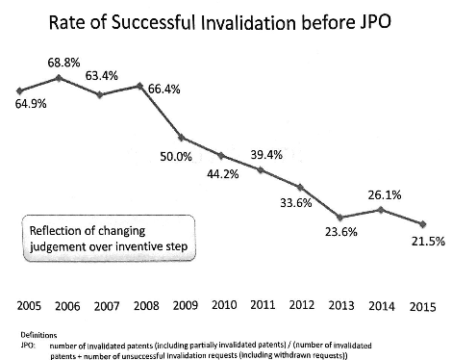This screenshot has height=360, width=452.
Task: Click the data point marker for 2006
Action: point(59,78)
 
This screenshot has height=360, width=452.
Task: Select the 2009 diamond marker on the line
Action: point(181,138)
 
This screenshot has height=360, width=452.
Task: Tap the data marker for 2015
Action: point(423,224)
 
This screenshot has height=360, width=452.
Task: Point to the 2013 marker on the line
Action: point(340,218)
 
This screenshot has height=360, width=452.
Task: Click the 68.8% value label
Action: point(63,63)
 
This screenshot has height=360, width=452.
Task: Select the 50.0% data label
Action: point(176,157)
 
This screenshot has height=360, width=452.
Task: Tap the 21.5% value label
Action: point(428,241)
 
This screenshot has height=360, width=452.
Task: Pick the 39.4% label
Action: point(266,155)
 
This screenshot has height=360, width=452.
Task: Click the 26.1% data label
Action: point(385,194)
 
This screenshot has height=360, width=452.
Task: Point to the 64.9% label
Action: point(31,104)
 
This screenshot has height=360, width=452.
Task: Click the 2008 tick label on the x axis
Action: point(146,305)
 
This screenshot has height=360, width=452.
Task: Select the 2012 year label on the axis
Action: point(302,305)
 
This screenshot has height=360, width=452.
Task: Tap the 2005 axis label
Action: point(29,305)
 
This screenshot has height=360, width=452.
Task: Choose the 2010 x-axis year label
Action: point(224,304)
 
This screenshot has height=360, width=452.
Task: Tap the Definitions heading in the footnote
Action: point(38,335)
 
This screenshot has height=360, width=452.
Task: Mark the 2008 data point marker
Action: point(139,86)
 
